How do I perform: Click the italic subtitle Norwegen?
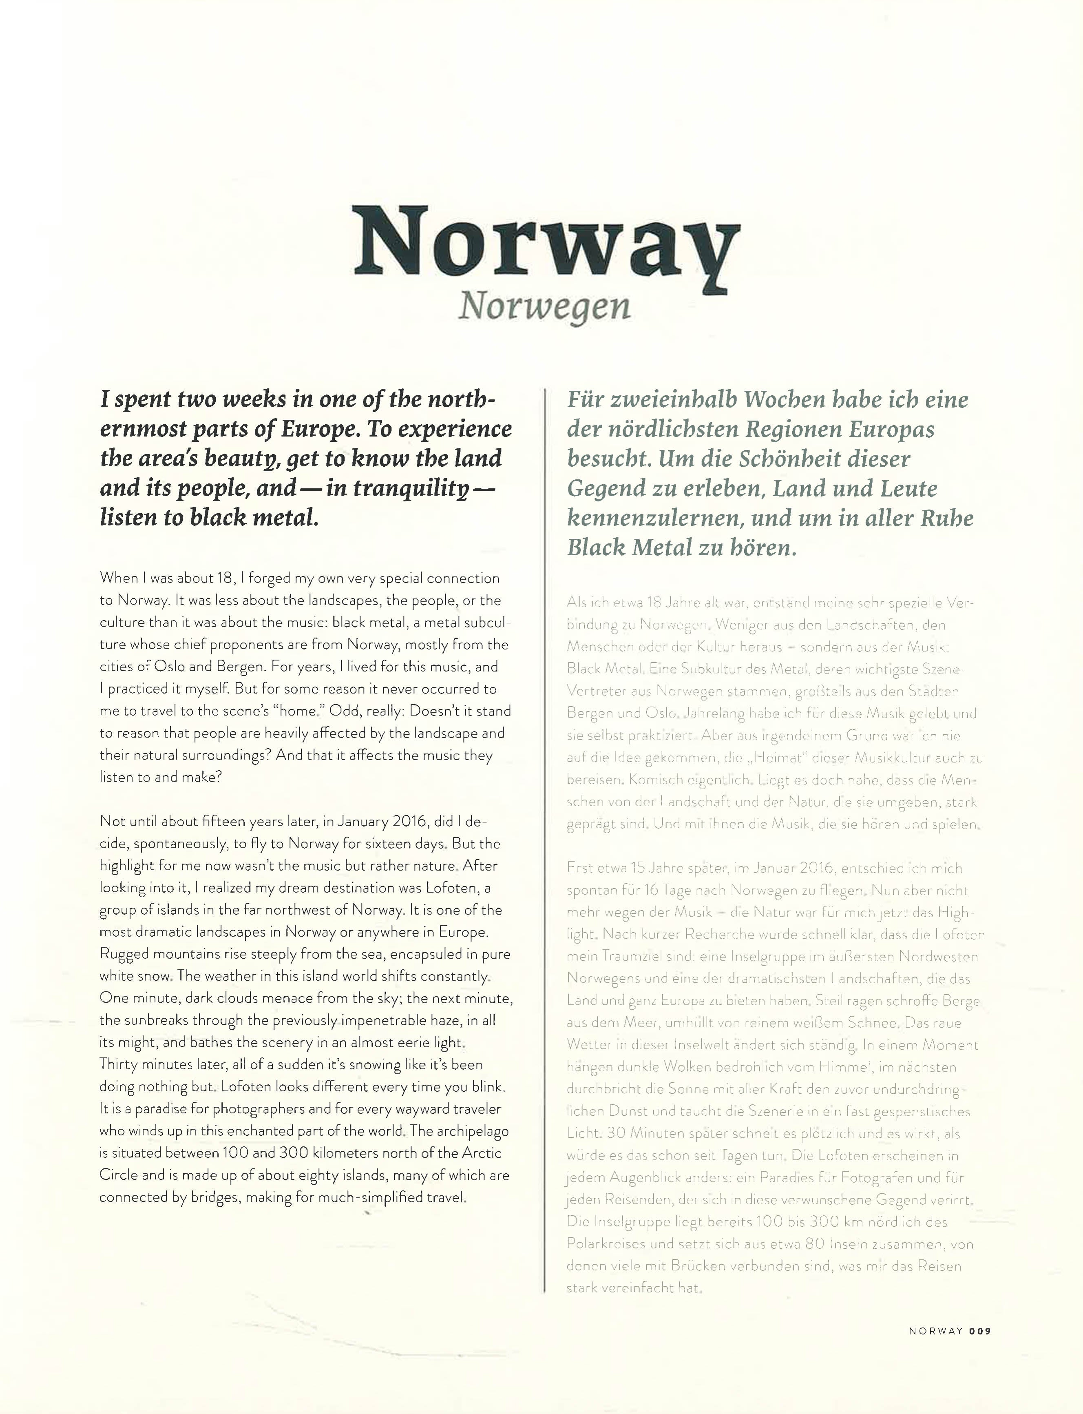[544, 307]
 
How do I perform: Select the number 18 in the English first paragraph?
[224, 578]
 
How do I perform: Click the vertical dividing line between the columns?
[546, 838]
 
